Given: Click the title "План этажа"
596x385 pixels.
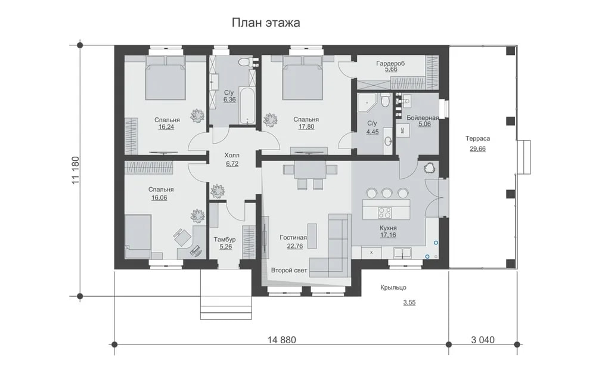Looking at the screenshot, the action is [x=266, y=23].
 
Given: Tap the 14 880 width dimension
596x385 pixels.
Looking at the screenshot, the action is [x=281, y=339].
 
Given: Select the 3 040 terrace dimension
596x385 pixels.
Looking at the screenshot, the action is [x=483, y=339].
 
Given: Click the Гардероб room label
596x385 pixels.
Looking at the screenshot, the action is [x=390, y=63].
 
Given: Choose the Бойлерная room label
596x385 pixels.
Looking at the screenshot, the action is [x=423, y=117].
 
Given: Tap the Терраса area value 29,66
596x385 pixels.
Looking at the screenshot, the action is [x=477, y=148].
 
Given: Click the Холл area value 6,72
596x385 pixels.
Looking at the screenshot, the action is [x=232, y=163].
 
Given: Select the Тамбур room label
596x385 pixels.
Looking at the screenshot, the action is [x=224, y=240].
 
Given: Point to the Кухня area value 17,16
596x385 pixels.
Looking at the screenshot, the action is [x=388, y=235].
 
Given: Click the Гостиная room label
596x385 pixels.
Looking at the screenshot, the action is [x=293, y=238].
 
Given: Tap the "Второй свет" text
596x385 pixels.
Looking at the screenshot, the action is [x=289, y=270].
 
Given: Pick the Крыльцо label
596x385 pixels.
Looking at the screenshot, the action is [x=393, y=287].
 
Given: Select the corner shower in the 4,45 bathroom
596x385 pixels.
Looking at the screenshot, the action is [x=367, y=103].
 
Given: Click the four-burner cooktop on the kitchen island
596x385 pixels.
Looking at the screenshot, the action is [x=384, y=212].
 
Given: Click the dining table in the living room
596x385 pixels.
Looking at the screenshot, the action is [x=309, y=172].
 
